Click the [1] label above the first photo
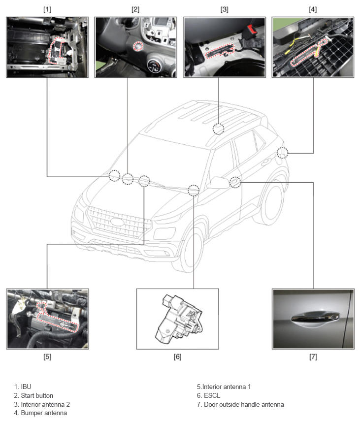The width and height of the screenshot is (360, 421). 47,9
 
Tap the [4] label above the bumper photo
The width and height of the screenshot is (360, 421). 313,9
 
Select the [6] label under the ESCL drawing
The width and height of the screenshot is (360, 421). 177,357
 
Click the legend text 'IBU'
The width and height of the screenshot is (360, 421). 26,387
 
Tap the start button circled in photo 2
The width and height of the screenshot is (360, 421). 138,46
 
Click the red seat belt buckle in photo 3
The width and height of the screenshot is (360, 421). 251,28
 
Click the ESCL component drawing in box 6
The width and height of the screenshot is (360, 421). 178,319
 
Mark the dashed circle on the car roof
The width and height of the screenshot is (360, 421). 218,129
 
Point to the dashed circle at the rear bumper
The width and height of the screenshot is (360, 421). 282,153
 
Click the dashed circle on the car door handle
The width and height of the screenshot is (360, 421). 235,182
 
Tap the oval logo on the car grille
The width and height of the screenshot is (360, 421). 117,222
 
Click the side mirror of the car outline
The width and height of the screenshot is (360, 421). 218,183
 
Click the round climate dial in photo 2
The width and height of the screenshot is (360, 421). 154,65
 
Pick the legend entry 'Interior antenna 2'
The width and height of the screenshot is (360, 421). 42,404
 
